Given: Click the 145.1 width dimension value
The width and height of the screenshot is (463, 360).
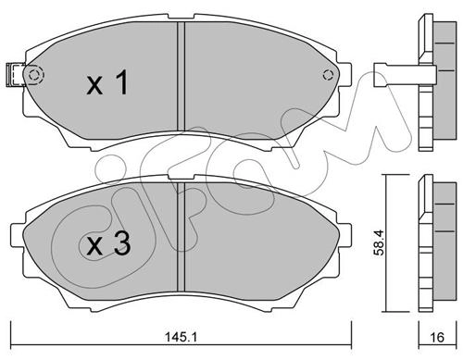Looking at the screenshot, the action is (x=181, y=337).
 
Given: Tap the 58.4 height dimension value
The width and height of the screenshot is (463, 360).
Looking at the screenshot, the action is (x=379, y=242).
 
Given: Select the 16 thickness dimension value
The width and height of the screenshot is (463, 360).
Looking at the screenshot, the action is (x=437, y=337).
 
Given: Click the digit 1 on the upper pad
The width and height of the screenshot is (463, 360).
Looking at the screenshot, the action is (x=122, y=82).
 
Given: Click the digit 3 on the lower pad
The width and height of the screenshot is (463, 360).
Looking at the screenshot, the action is (x=121, y=243).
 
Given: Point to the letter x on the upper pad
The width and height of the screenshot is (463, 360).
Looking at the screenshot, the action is (x=94, y=85).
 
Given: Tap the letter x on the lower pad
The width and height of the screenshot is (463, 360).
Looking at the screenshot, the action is (x=94, y=247).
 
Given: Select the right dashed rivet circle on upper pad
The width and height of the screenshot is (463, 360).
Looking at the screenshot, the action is (x=328, y=75).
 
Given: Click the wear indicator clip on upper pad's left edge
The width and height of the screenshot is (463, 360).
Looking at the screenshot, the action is (x=16, y=74).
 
